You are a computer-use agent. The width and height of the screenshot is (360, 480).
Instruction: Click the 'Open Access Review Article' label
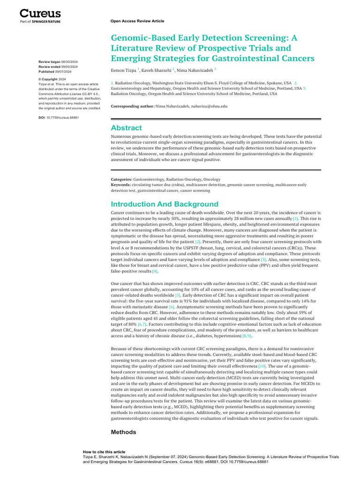coord(137,21)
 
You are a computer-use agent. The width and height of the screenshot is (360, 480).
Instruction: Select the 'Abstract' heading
coord(126,128)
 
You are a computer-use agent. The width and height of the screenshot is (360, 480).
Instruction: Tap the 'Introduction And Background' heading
coord(164,204)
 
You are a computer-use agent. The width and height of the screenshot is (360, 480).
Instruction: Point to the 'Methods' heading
coord(123,432)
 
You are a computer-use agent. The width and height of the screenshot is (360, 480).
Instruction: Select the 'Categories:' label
coord(121,180)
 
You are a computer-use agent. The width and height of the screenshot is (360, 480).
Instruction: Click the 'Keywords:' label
coord(120,185)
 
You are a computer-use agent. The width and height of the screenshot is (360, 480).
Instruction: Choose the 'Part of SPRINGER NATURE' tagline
coord(40,21)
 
